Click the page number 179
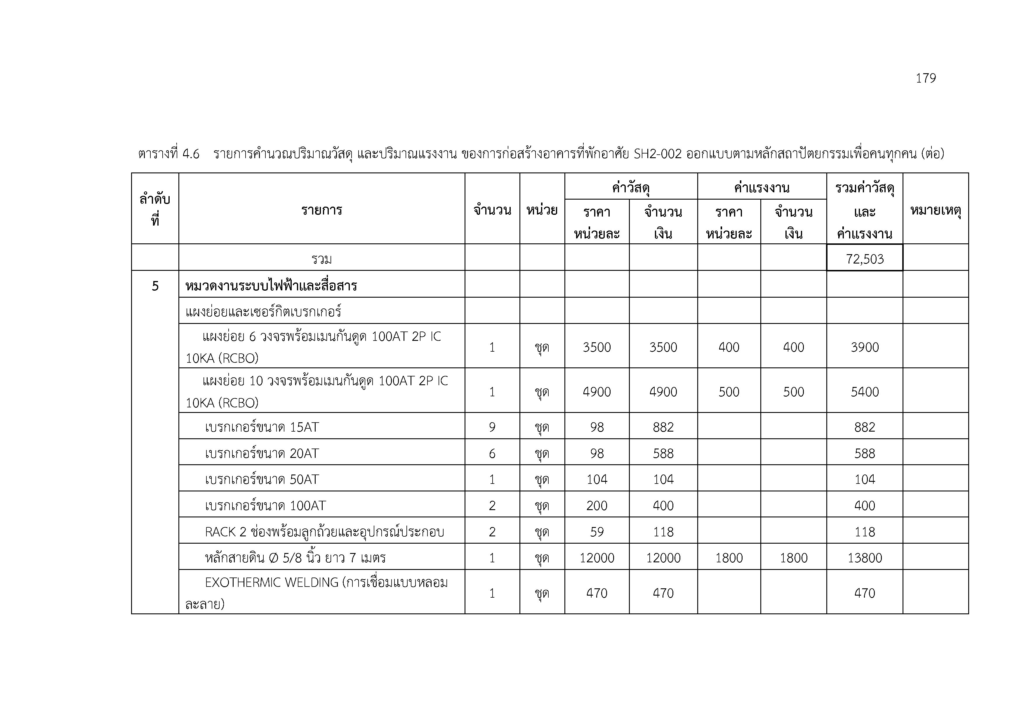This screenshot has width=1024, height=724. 925,78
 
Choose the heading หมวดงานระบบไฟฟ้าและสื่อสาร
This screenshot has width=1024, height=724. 271,286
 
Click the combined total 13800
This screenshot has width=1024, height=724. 864,558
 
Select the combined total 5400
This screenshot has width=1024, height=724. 864,392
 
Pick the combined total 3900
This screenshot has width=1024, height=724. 864,347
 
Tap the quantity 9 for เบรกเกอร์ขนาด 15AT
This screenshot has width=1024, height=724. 492,427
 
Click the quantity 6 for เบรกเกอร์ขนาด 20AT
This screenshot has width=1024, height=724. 492,453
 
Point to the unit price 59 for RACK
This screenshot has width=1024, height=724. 597,532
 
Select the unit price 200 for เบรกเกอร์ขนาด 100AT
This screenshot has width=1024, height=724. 597,505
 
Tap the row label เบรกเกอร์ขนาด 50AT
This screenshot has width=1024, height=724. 262,479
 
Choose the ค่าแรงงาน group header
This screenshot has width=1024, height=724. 762,188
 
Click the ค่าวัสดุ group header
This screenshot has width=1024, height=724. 631,188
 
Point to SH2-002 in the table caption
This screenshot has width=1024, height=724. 658,154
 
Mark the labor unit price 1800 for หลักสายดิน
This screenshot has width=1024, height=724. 729,558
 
